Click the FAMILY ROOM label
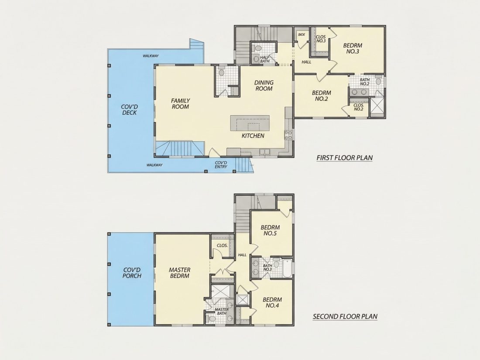(x=180, y=104)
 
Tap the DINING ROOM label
(x=264, y=86)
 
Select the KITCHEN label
(x=253, y=136)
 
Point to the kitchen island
(x=250, y=123)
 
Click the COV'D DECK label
(x=130, y=110)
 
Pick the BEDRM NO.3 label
(x=353, y=49)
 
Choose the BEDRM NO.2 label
(x=322, y=96)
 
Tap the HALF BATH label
(x=265, y=59)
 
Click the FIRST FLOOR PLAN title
(x=345, y=158)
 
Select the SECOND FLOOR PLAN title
(x=345, y=316)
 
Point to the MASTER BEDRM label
(x=180, y=273)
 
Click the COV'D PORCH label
(x=132, y=273)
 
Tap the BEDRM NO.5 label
(x=270, y=230)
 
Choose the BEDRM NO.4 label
(x=272, y=302)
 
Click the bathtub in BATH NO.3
(x=287, y=268)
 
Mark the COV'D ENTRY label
(x=221, y=165)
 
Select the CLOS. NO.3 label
(x=321, y=39)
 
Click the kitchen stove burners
(x=288, y=135)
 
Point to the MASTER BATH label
(x=222, y=311)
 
